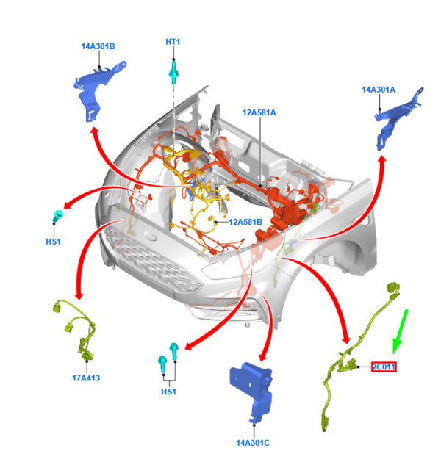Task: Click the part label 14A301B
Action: pyautogui.click(x=98, y=46)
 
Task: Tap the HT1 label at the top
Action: pyautogui.click(x=173, y=42)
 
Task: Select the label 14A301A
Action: pyautogui.click(x=379, y=90)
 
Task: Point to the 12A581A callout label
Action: pyautogui.click(x=259, y=112)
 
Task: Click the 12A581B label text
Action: pyautogui.click(x=245, y=222)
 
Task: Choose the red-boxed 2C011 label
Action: pyautogui.click(x=384, y=367)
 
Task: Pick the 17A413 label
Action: pyautogui.click(x=86, y=378)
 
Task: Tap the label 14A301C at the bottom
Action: pyautogui.click(x=253, y=443)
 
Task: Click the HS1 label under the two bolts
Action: pyautogui.click(x=169, y=392)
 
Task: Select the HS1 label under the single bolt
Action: pyautogui.click(x=54, y=242)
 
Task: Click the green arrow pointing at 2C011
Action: pyautogui.click(x=400, y=331)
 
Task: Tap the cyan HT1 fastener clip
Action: pyautogui.click(x=173, y=72)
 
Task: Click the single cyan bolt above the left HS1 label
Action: pyautogui.click(x=58, y=215)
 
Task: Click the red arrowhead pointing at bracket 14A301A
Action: pyautogui.click(x=382, y=160)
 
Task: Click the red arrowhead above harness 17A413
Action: pyautogui.click(x=79, y=296)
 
